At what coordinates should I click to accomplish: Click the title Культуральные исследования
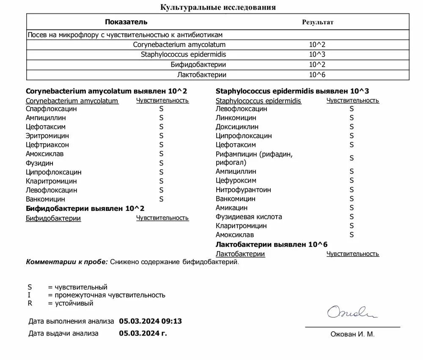218,7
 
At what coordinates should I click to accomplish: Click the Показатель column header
126,22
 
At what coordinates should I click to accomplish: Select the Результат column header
317,22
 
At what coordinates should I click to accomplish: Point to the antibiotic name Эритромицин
47,136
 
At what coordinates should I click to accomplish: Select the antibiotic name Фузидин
39,163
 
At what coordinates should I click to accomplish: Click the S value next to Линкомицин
352,117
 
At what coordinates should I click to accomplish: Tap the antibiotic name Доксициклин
237,127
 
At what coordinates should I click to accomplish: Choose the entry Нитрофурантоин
243,190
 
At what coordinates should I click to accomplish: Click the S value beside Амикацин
352,207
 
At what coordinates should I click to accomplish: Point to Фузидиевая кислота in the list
249,217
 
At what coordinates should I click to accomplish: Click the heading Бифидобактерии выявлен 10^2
85,209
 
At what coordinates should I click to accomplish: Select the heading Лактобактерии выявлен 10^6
272,244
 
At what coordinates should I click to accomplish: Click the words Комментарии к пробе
67,262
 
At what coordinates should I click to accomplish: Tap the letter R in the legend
30,303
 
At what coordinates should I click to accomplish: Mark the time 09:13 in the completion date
173,321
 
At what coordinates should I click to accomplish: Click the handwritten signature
352,313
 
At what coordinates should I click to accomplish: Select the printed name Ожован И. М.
352,334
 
